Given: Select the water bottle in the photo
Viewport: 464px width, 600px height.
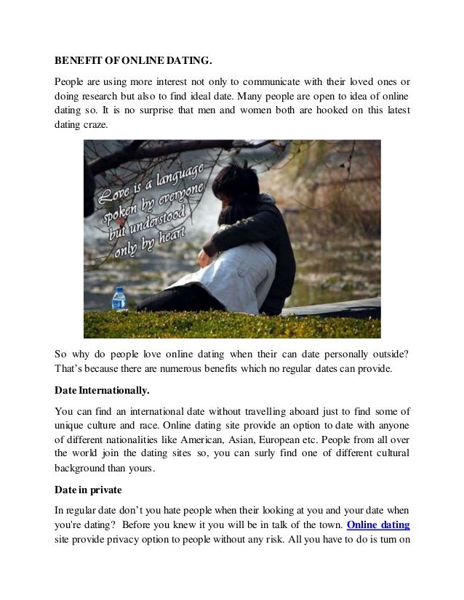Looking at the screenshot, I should tap(119, 299).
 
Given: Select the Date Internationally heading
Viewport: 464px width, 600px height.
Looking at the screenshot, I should tap(103, 390).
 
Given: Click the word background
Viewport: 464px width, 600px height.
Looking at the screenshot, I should tap(82, 469).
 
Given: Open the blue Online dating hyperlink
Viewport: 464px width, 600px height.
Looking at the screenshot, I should tap(377, 524).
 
